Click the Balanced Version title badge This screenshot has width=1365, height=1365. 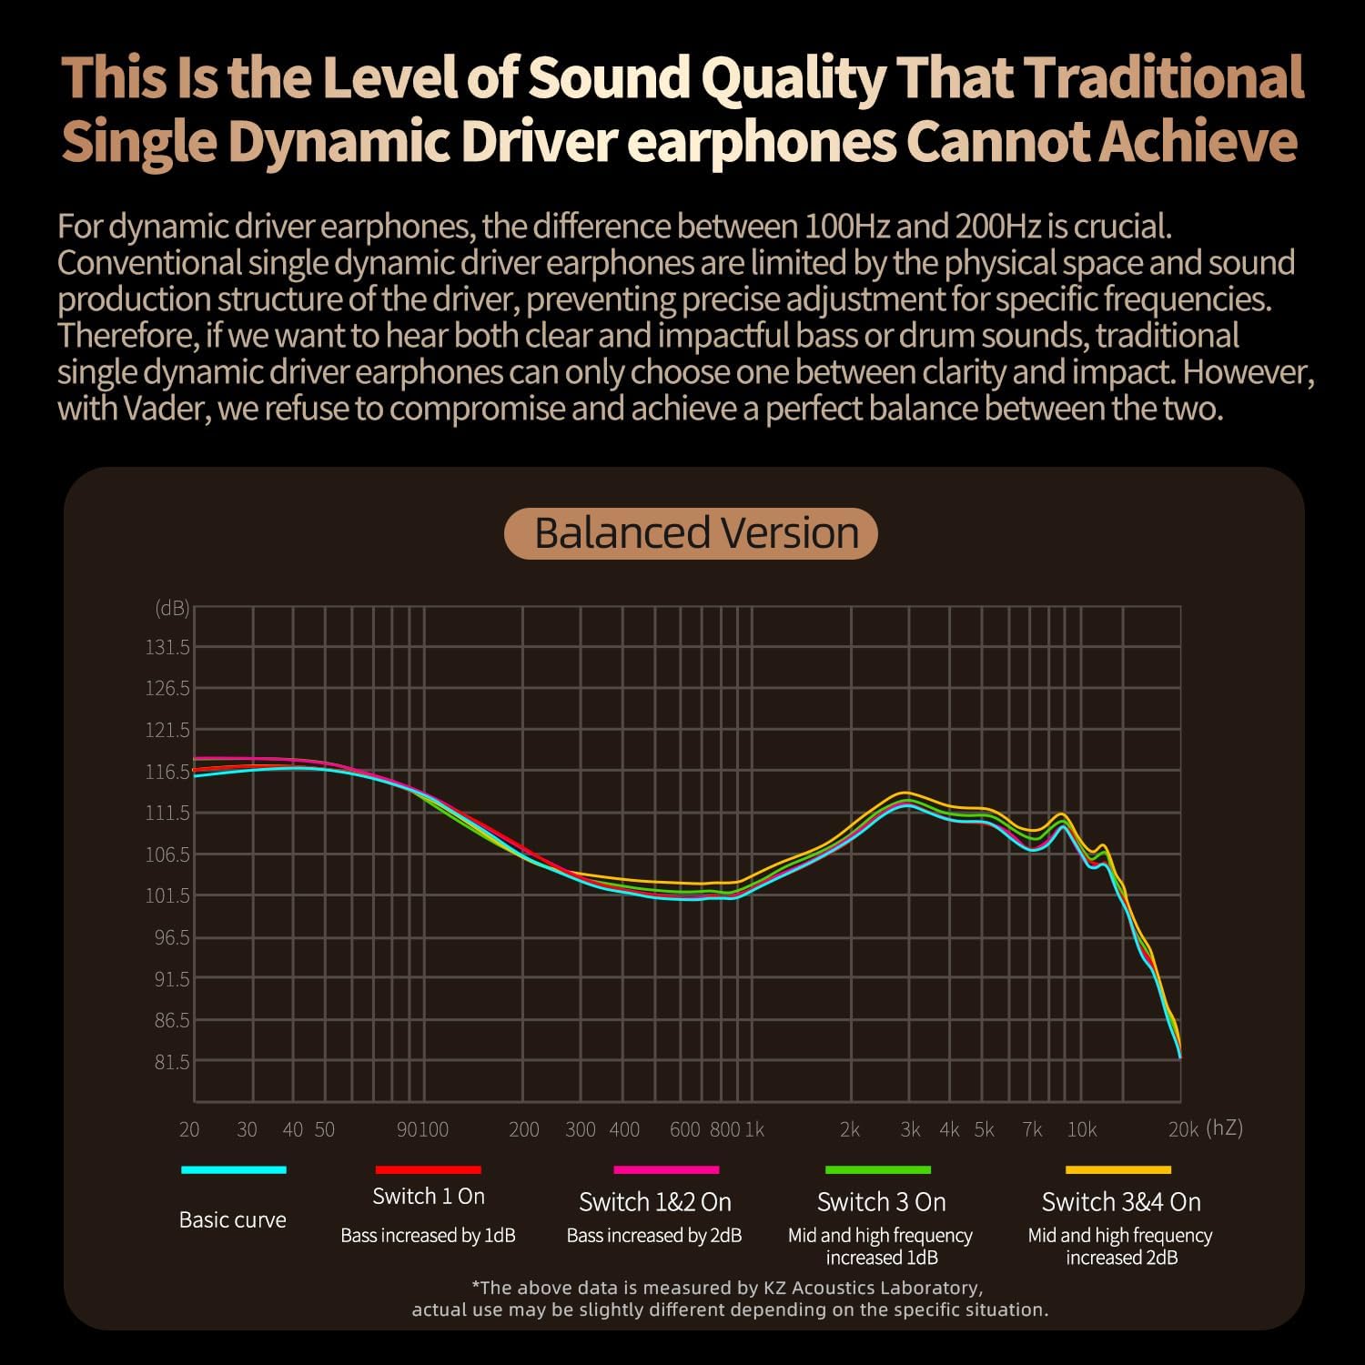click(x=691, y=533)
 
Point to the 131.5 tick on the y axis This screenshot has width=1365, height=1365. click(x=168, y=647)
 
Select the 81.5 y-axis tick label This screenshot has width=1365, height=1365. click(x=172, y=1062)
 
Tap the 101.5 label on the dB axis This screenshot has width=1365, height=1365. click(x=168, y=895)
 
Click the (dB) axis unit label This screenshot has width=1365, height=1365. click(x=172, y=608)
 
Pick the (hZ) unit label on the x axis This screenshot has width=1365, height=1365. click(x=1224, y=1127)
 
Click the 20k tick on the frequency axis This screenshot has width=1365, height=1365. click(x=1183, y=1129)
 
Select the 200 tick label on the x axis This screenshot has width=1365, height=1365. click(x=524, y=1129)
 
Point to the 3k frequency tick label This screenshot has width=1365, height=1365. click(x=910, y=1129)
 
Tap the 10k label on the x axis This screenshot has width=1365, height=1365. click(x=1081, y=1129)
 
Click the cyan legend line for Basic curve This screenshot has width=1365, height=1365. click(x=234, y=1169)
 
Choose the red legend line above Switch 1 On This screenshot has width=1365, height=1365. click(x=428, y=1169)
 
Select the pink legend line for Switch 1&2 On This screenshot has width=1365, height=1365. click(x=666, y=1169)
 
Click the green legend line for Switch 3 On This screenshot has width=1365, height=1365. click(x=878, y=1169)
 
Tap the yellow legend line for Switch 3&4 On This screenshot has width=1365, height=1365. click(x=1118, y=1169)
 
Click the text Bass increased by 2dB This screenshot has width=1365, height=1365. click(x=654, y=1235)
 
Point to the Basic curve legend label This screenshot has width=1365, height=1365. click(x=233, y=1219)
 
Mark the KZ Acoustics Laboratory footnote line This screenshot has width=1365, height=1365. click(x=728, y=1288)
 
